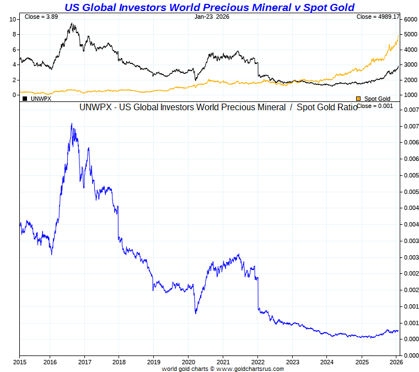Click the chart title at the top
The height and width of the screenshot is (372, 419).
[209, 7]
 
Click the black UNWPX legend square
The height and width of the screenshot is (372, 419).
[25, 98]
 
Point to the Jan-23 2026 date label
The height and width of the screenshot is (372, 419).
[212, 17]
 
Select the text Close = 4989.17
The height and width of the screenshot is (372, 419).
[378, 17]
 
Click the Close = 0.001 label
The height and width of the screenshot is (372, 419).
[374, 106]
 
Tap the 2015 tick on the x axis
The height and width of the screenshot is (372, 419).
[19, 362]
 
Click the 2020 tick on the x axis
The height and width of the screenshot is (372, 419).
[188, 362]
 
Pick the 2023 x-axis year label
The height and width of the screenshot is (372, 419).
[292, 362]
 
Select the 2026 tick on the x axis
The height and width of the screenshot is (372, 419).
[396, 362]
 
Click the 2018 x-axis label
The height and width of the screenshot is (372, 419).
[119, 362]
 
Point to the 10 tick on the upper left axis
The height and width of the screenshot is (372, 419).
[13, 19]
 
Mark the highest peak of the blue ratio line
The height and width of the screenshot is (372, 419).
[72, 124]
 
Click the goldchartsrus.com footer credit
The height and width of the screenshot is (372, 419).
[223, 368]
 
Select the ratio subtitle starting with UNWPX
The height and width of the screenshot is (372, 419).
[218, 107]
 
